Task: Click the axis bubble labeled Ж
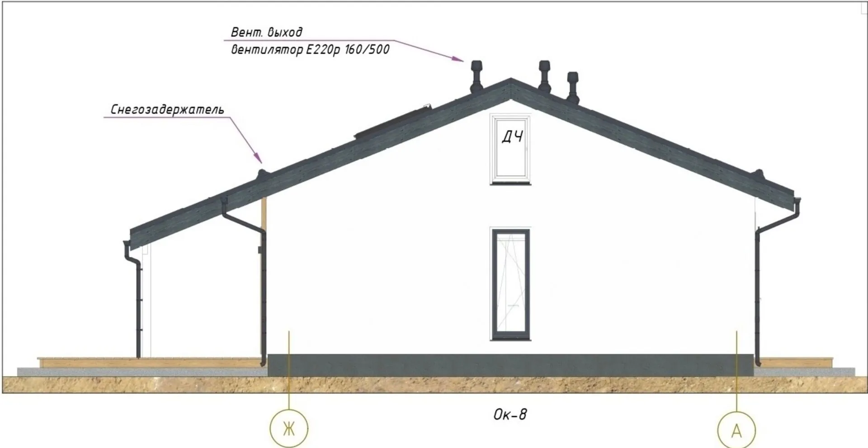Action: (288, 428)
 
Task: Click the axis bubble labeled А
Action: (736, 431)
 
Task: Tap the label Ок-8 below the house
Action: (510, 415)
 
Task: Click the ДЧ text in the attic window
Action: (512, 137)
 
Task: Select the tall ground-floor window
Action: (510, 284)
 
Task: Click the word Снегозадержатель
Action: (167, 109)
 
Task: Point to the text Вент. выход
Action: (266, 32)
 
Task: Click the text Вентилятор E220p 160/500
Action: (310, 49)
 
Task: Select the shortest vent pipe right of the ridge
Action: (573, 86)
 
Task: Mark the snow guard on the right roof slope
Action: (759, 173)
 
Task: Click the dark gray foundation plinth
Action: (510, 365)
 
